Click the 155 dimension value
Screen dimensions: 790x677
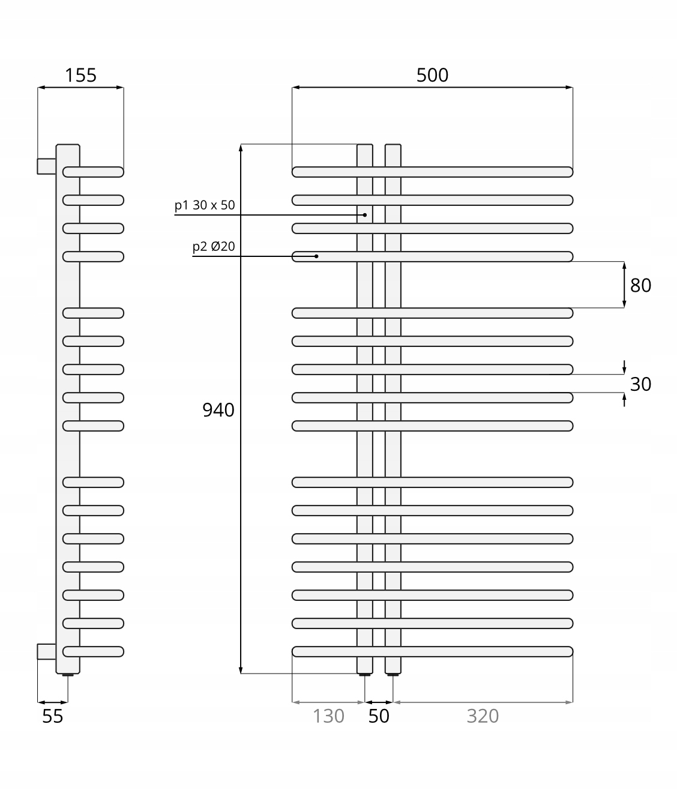coord(80,75)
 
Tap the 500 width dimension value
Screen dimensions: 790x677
coord(432,75)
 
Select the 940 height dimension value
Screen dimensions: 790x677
coord(218,410)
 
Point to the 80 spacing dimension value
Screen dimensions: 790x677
coord(640,285)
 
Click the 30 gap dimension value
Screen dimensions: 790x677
coord(640,384)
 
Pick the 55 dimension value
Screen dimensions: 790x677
coord(53,716)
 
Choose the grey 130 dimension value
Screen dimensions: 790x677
coord(328,716)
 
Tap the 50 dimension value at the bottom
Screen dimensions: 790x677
coord(379,716)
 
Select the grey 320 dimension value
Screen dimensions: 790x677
coord(483,716)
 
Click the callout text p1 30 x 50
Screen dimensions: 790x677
coord(205,205)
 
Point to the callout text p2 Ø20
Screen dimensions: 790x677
coord(214,247)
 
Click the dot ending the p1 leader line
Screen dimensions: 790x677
coord(365,214)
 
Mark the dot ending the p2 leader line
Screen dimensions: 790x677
coord(316,256)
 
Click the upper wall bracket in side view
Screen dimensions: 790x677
coord(46,166)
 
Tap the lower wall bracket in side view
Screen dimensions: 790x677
coord(46,651)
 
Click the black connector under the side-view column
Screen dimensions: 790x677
coord(68,675)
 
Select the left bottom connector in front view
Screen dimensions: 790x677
coord(365,675)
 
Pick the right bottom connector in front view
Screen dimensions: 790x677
coord(393,675)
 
